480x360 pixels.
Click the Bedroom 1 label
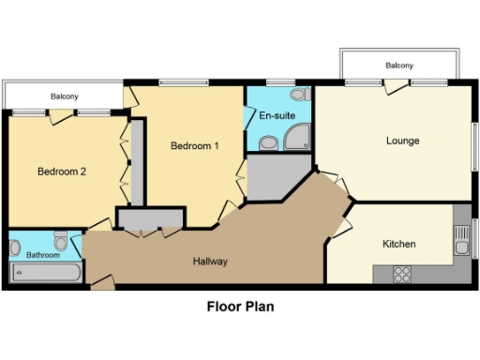pyautogui.click(x=195, y=145)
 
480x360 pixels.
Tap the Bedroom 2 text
pyautogui.click(x=62, y=172)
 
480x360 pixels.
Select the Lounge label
pyautogui.click(x=402, y=141)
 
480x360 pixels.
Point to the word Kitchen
pyautogui.click(x=398, y=244)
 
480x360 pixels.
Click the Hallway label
pyautogui.click(x=211, y=261)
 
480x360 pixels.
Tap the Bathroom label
pyautogui.click(x=43, y=255)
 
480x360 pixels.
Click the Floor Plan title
pyautogui.click(x=239, y=306)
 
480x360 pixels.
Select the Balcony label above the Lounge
pyautogui.click(x=399, y=66)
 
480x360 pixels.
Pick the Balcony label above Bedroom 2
pyautogui.click(x=64, y=97)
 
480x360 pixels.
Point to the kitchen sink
pyautogui.click(x=461, y=247)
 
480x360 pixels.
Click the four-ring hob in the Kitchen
pyautogui.click(x=403, y=275)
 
